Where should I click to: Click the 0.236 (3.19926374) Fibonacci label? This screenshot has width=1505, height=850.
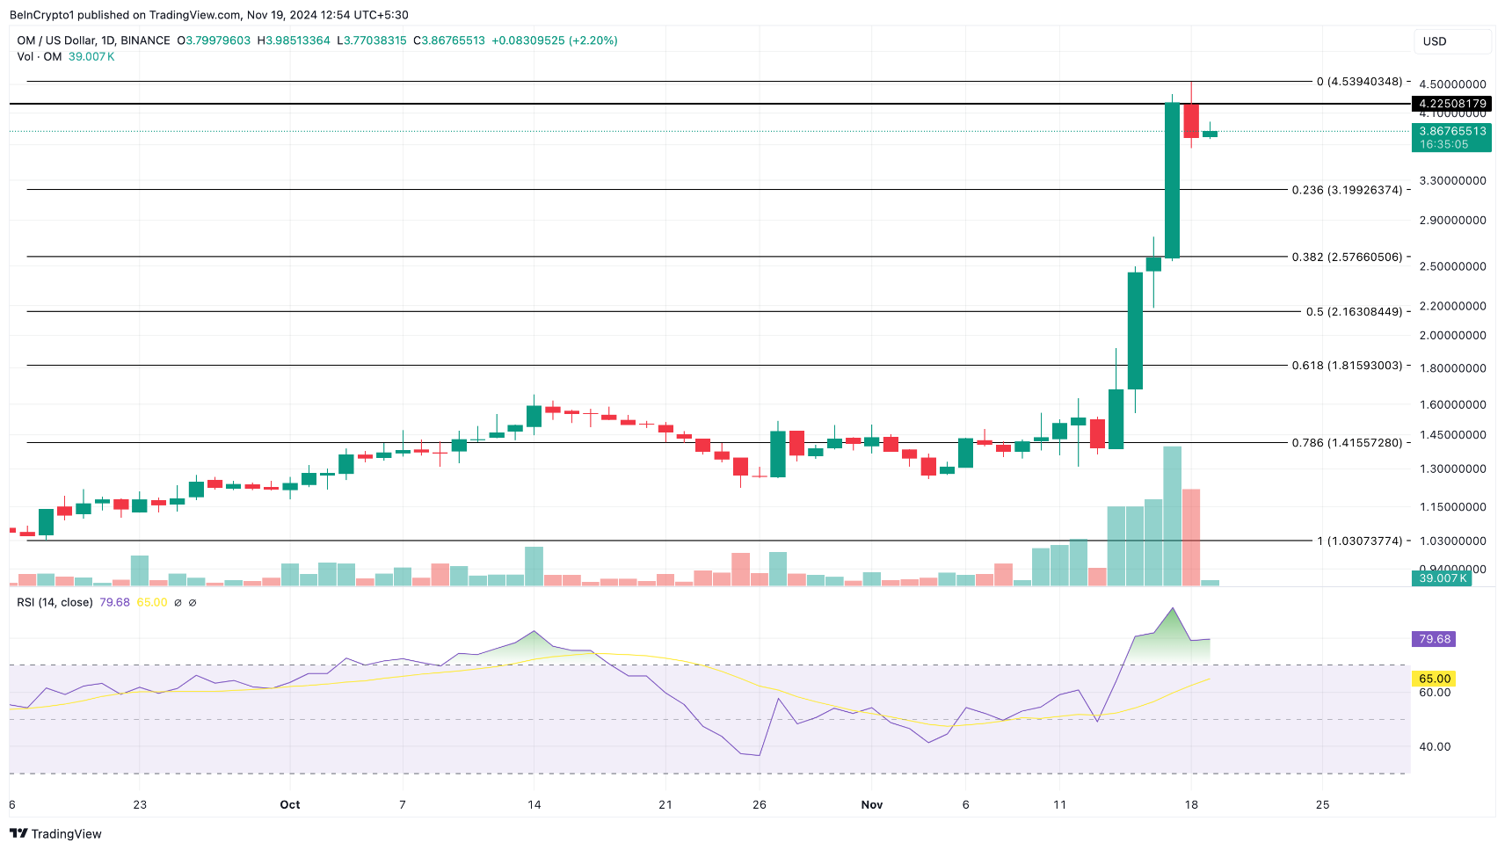tap(1347, 190)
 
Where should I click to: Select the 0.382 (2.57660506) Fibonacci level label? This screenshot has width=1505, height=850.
tap(1347, 258)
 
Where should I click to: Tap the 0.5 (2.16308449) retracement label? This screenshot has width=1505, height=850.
tap(1354, 312)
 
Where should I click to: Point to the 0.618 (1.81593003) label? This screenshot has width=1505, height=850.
tap(1347, 366)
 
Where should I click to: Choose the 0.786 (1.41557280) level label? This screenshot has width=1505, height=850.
tap(1347, 443)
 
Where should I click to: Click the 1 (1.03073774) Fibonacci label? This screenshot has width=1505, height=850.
tap(1359, 541)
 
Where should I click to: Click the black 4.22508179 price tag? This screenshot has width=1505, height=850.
tap(1451, 104)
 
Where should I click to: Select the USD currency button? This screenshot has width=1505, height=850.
tap(1451, 41)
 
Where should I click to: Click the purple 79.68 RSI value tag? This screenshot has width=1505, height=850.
tap(1434, 639)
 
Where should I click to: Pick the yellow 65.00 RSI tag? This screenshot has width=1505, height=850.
tap(1434, 679)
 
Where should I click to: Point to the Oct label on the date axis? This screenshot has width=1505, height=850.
tap(290, 805)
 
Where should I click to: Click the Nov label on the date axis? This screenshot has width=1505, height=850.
tap(872, 805)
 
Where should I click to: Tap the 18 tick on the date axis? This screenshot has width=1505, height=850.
tap(1191, 805)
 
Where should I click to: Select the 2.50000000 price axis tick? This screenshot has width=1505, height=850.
tap(1452, 266)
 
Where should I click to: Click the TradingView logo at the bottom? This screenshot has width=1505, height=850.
tap(56, 834)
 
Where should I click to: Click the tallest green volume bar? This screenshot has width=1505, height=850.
tap(1172, 516)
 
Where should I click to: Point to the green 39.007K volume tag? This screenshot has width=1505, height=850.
tap(1442, 578)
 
